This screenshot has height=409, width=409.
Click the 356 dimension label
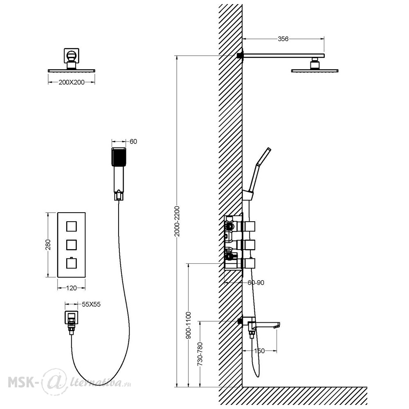(x=283, y=39)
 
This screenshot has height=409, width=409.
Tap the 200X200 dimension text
(x=72, y=83)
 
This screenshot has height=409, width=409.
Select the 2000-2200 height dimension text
(x=177, y=221)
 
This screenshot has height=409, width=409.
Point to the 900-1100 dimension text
(x=188, y=325)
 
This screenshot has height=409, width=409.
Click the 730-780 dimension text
(x=200, y=354)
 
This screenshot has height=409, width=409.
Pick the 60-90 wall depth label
(x=256, y=283)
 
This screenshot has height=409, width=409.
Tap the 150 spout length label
(x=259, y=351)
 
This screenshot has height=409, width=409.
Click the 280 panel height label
(x=48, y=245)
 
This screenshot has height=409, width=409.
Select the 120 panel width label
(x=72, y=288)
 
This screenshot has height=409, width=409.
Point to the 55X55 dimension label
(x=91, y=304)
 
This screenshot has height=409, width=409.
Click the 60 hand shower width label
(x=133, y=142)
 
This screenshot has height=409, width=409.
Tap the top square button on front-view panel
(x=72, y=227)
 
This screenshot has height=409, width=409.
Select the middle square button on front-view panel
(x=72, y=245)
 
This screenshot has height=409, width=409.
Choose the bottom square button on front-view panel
(x=72, y=263)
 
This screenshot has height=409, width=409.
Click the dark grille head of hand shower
(x=119, y=157)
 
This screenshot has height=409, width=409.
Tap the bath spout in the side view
(x=263, y=324)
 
